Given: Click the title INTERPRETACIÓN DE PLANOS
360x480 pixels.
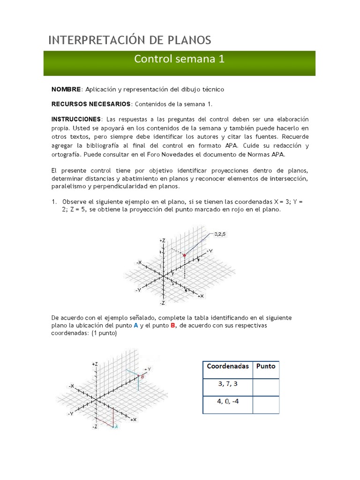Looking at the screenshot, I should coord(130,40).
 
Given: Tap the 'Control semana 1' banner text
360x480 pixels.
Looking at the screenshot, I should coord(180,59).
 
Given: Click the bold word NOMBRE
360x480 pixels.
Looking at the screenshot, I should coord(66,89).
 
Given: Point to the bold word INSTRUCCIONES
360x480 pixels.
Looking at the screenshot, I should coord(76,119).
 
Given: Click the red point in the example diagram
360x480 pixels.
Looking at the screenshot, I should coord(185,255).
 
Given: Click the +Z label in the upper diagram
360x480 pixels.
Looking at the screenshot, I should coord(162,240).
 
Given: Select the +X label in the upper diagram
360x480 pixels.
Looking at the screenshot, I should coord(200,296).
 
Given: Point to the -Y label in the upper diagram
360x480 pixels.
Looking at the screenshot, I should coord(138,290).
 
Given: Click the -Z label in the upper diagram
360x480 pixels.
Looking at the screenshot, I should coord(162,303).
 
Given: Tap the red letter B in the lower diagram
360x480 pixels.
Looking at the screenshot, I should coord(142,376).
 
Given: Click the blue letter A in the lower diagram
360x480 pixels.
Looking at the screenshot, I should coord(116,427).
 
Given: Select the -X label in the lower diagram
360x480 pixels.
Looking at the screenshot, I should coord(71,385).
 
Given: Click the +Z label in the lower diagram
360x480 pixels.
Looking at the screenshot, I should coord(95,364).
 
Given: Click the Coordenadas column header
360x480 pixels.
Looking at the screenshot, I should coord(227,366).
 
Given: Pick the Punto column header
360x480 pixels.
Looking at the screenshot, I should coord(266,366).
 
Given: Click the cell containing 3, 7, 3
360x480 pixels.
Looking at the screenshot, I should coord(228,384).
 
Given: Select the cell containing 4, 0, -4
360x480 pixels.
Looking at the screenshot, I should coord(228,402).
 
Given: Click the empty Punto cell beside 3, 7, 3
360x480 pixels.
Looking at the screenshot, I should coord(266,387).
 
